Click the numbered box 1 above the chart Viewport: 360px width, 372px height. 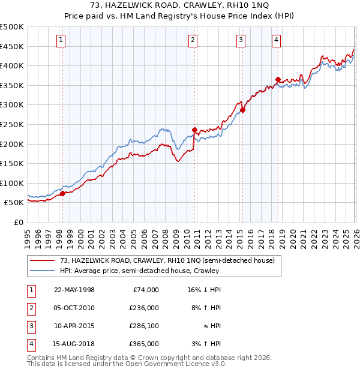click(62, 40)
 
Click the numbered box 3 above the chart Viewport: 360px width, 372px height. click(241, 40)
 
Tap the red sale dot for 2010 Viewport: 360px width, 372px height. click(194, 130)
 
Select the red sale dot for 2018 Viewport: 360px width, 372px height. click(278, 79)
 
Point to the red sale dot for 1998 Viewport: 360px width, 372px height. click(62, 193)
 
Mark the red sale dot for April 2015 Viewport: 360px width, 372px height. click(243, 110)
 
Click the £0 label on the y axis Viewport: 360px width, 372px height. click(18, 222)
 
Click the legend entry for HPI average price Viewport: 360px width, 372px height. click(139, 271)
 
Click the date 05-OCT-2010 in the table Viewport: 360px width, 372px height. click(74, 307)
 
